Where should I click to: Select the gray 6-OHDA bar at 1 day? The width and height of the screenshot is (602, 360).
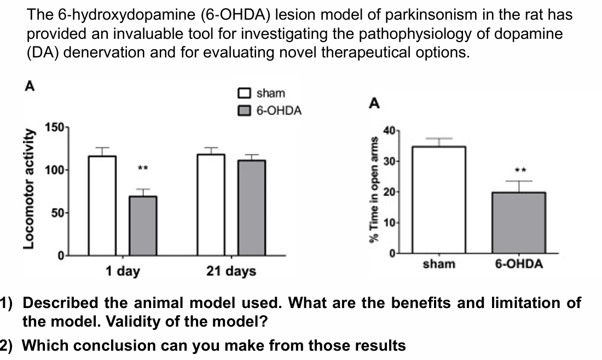[143, 225]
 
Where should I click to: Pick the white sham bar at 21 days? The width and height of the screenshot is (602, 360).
[211, 205]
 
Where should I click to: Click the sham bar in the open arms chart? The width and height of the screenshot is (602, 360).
[438, 200]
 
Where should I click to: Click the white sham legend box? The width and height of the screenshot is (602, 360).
[245, 94]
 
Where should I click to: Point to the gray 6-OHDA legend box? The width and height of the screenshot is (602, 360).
[245, 111]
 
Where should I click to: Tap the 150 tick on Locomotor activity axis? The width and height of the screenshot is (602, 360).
[55, 127]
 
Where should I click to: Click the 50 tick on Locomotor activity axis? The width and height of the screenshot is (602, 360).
[57, 213]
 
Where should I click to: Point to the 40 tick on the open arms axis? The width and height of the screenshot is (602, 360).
[389, 131]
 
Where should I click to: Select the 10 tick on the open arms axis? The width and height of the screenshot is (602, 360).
[389, 223]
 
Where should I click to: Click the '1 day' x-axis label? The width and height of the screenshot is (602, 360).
[122, 271]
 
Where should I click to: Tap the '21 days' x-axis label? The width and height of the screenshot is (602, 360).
[231, 271]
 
